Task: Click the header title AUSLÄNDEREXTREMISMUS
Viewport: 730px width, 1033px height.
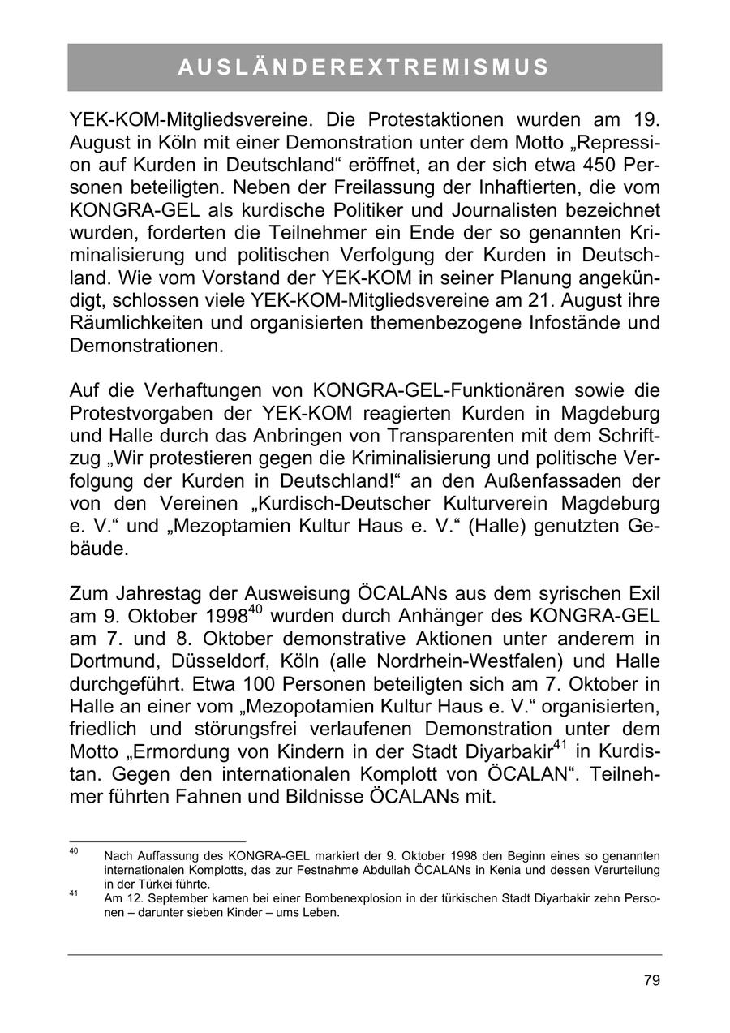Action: [x=364, y=67]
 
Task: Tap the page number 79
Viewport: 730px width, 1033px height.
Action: [x=652, y=980]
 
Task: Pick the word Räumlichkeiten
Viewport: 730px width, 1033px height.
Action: [x=137, y=322]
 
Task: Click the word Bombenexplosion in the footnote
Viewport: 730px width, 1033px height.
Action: [x=309, y=899]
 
